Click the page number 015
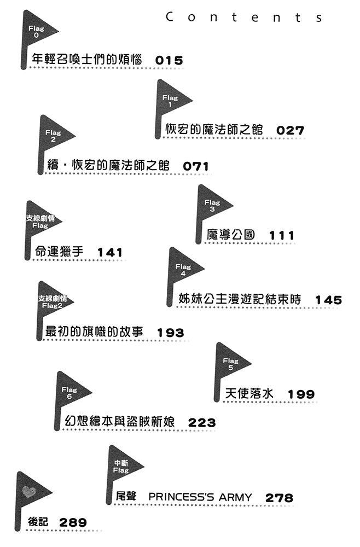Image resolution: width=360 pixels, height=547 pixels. tap(169, 60)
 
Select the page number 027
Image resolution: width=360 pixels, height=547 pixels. tap(290, 131)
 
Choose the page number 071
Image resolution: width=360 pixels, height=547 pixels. tap(196, 166)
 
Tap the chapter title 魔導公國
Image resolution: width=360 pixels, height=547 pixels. tap(231, 235)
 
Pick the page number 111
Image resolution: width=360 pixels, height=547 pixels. tap(282, 235)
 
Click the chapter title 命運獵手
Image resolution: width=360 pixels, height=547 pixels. tap(59, 251)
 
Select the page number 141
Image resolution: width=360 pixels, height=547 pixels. tap(110, 252)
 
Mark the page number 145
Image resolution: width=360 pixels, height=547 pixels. tap(329, 300)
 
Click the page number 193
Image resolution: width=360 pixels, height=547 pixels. tap(171, 333)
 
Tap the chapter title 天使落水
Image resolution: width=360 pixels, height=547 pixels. tap(249, 393)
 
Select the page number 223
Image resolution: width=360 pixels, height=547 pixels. tap(202, 422)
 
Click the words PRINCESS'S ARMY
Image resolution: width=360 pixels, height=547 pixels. tap(200, 497)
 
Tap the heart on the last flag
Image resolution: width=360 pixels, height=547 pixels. tap(29, 492)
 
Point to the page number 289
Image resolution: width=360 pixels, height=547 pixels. tap(73, 522)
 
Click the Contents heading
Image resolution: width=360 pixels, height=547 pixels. tap(244, 17)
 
